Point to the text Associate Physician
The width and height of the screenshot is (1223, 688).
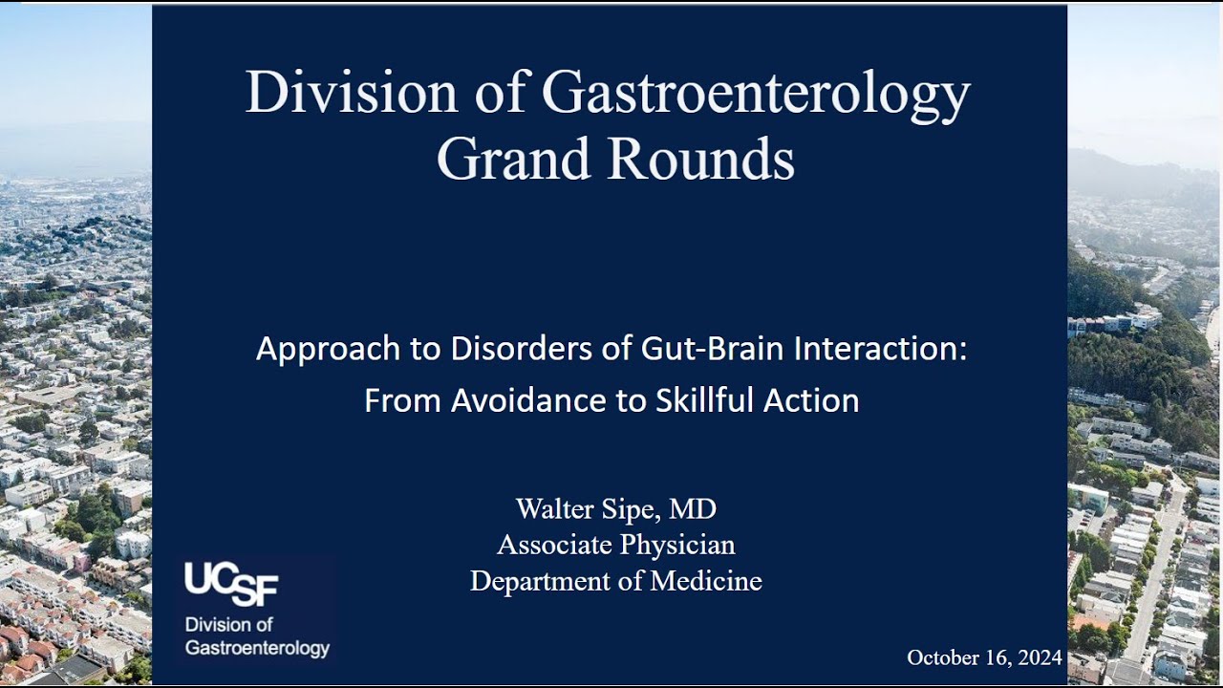tap(616, 545)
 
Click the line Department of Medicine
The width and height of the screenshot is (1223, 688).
tap(616, 581)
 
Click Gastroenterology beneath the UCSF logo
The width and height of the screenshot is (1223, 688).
tap(257, 648)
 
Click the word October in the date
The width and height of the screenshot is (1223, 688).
tap(939, 657)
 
